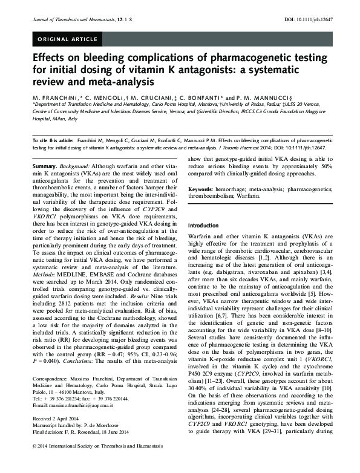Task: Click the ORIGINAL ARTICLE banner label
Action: [x=67, y=39]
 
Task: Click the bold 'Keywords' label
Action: [x=203, y=189]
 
